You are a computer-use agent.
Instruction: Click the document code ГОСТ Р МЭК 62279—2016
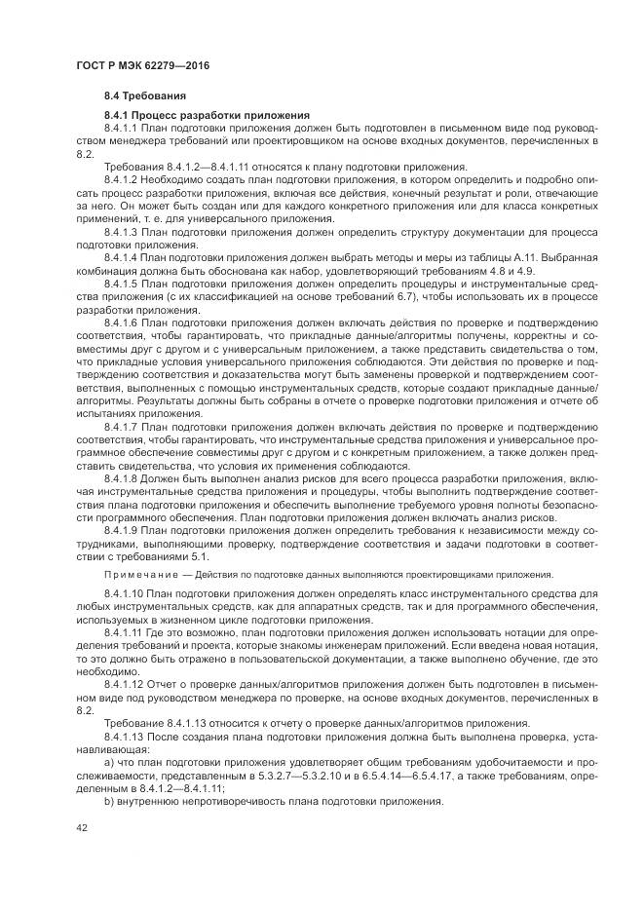click(142, 65)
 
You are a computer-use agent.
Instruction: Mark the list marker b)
click(109, 802)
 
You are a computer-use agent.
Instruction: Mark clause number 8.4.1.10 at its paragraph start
click(124, 593)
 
